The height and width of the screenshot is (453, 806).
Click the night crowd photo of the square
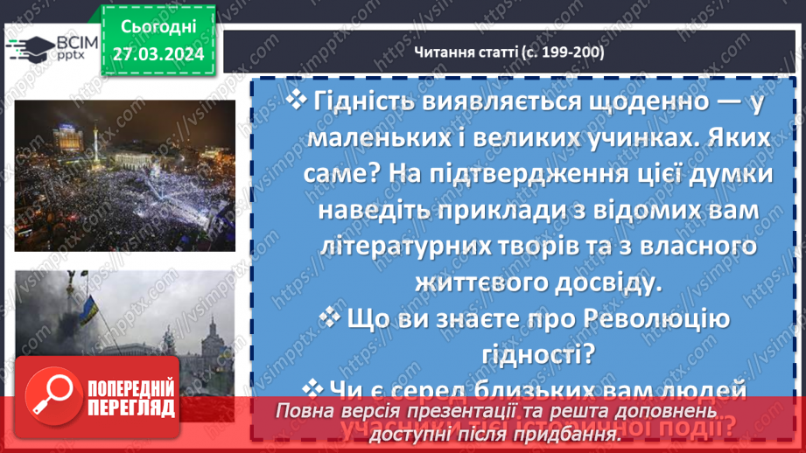[124, 175]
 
